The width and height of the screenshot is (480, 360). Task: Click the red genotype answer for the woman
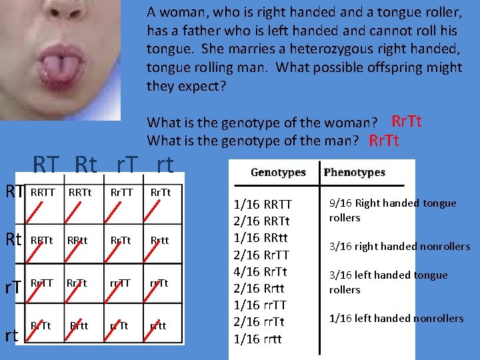[406, 121]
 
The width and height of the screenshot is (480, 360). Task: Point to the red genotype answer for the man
[384, 140]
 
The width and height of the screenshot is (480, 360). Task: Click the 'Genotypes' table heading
[278, 173]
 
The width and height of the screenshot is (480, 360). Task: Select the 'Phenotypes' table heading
[354, 173]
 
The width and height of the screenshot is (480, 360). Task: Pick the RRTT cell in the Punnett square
[42, 193]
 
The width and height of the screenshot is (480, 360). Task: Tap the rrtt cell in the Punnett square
[158, 325]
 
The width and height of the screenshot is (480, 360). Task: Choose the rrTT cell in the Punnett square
[120, 283]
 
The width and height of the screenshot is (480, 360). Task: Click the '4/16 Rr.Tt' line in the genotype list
[267, 272]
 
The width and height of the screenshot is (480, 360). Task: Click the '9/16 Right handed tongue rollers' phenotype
[393, 210]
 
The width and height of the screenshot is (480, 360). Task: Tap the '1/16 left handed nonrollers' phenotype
[396, 319]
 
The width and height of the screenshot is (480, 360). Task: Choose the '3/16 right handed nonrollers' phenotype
[399, 247]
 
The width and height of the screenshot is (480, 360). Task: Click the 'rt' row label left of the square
[11, 335]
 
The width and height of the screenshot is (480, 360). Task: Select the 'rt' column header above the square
[165, 165]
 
